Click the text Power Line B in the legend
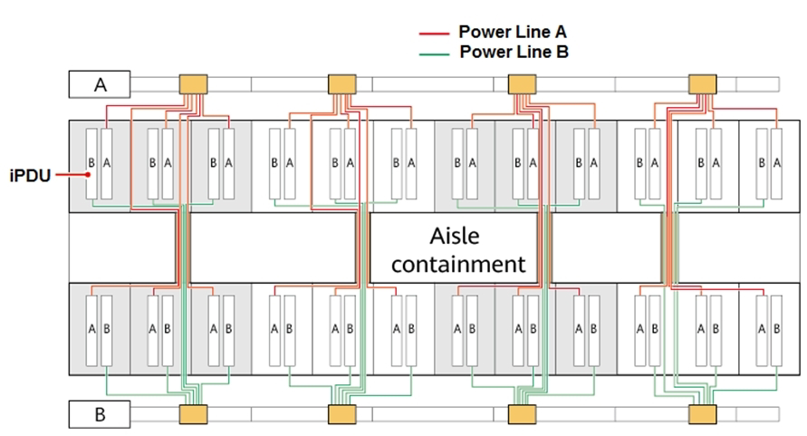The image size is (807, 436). coord(514,52)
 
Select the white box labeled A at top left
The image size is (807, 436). coord(100,85)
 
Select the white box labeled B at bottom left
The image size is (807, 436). coord(100,415)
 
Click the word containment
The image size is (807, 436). coord(458,264)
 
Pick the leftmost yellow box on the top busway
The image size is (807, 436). coord(193,84)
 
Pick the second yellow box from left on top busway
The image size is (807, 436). coord(342,84)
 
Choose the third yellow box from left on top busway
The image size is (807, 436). coord(523,84)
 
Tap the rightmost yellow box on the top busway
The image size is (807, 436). coord(703,84)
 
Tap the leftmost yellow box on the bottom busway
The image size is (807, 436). coord(193,414)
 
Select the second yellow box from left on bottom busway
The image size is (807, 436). coord(342,414)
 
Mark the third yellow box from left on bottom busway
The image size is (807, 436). coord(523,414)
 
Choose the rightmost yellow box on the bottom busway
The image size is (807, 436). coord(703,414)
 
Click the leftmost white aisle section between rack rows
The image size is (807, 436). coord(121,248)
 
